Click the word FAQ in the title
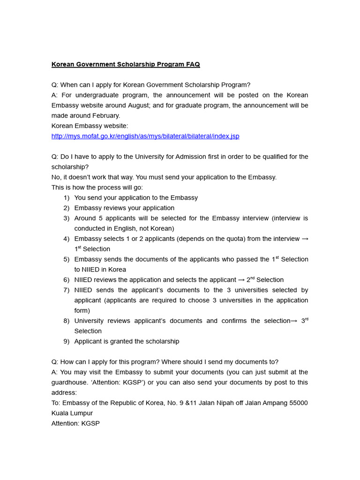pos(193,64)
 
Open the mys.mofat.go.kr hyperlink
pos(145,136)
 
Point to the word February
pos(105,116)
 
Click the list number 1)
pos(66,198)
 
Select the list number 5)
pos(66,259)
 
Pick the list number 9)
pos(66,341)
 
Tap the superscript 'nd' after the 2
pos(253,278)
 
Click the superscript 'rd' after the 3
pos(306,319)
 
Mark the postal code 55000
pos(298,403)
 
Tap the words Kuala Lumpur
pos(72,413)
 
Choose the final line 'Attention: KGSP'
pos(75,423)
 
